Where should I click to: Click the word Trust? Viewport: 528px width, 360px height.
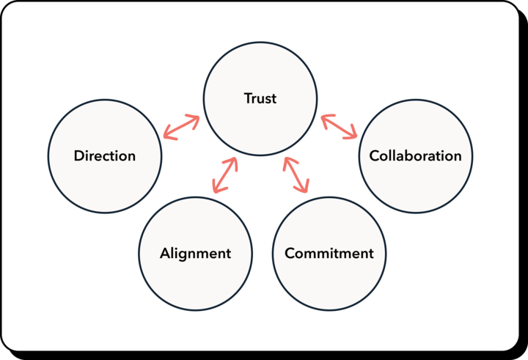coord(260,98)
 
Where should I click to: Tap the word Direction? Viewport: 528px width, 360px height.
coord(105,156)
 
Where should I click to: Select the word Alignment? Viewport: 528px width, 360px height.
coord(195,254)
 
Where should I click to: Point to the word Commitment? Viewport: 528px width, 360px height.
coord(329,254)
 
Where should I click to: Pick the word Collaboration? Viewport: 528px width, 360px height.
coord(416,156)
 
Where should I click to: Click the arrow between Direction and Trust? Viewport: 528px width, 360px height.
coord(181,127)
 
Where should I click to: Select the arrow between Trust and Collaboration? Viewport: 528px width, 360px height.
coord(339,126)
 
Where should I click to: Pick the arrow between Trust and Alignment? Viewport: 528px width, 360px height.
coord(225,176)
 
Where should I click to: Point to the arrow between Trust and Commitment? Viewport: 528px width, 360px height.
coord(297,175)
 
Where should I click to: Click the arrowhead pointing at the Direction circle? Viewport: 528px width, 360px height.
coord(166,135)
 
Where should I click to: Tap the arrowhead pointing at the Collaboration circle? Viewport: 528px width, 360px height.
coord(353,135)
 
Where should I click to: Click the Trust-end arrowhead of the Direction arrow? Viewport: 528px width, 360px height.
coord(196,118)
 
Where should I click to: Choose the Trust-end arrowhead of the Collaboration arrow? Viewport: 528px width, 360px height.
coord(324,117)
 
